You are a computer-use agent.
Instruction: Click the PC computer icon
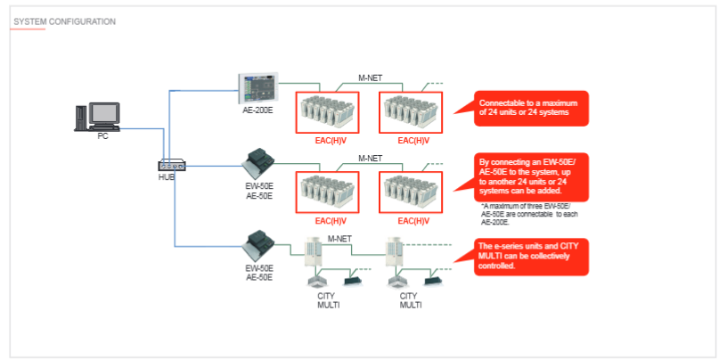[x=97, y=117]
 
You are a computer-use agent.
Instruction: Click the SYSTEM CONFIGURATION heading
[x=64, y=20]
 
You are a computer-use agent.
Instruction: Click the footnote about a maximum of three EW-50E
[x=521, y=214]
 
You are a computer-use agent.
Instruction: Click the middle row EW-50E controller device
[x=259, y=165]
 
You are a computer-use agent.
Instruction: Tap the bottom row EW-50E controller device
[x=259, y=245]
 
